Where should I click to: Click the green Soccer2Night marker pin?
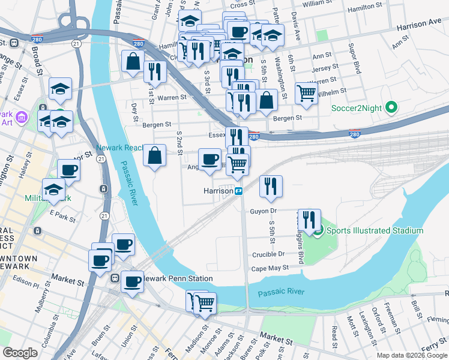pyautogui.click(x=391, y=109)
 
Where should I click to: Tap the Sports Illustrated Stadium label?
pyautogui.click(x=375, y=230)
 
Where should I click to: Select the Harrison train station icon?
pyautogui.click(x=238, y=191)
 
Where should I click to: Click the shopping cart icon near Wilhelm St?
pyautogui.click(x=306, y=94)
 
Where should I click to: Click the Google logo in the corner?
pyautogui.click(x=20, y=352)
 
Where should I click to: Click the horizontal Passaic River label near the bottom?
pyautogui.click(x=281, y=293)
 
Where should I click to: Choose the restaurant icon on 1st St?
pyautogui.click(x=155, y=72)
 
